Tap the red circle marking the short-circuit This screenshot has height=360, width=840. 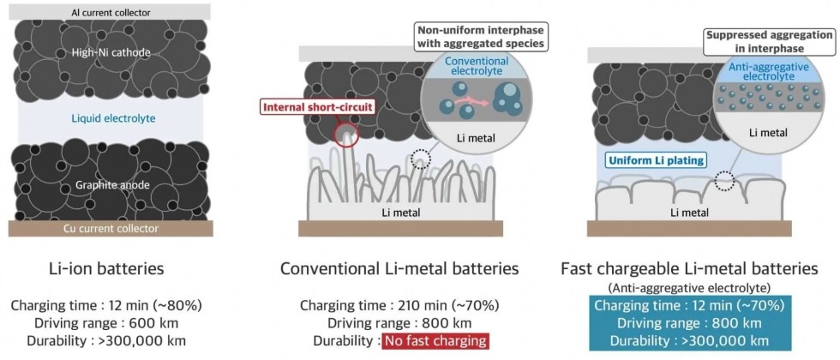pyautogui.click(x=346, y=137)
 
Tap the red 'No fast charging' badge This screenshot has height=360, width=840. pyautogui.click(x=434, y=341)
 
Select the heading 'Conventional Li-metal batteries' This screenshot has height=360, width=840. pyautogui.click(x=399, y=269)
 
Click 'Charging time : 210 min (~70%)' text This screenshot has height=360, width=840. pyautogui.click(x=399, y=305)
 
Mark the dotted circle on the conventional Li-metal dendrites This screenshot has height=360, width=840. pyautogui.click(x=421, y=159)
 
